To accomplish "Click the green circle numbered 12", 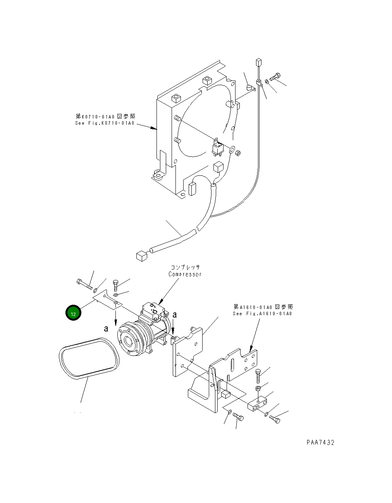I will [73, 313].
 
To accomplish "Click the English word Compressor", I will [185, 274].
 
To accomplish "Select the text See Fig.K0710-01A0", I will [105, 123].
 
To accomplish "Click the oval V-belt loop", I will [88, 357].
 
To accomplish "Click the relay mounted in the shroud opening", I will [218, 147].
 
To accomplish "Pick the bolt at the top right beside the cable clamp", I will [277, 76].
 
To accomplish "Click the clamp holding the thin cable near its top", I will [260, 83].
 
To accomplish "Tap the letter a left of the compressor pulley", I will [106, 329].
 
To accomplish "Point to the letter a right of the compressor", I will [175, 315].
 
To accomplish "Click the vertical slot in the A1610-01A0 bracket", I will [232, 366].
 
